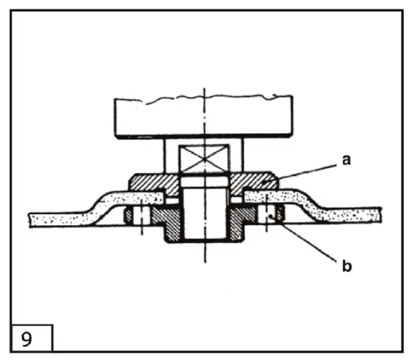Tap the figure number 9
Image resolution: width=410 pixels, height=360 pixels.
27,340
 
